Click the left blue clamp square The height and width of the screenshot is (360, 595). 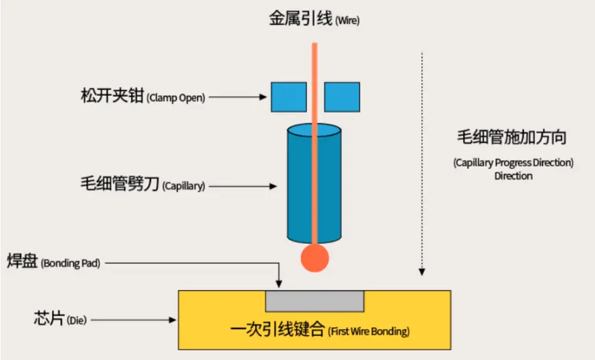pos(289,97)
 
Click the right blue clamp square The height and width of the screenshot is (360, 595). pos(342,97)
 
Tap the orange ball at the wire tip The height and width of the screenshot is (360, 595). pos(315,258)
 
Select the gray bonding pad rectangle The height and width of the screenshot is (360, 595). pos(315,302)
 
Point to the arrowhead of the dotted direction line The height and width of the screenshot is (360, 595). pos(421,272)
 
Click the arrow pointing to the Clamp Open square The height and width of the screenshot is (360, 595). pos(238,97)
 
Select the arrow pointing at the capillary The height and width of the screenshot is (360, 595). pos(243,186)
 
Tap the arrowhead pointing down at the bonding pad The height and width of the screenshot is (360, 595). pos(279,283)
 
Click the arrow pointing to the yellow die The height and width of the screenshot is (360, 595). pos(133,320)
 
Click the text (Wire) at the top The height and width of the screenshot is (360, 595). pos(347,20)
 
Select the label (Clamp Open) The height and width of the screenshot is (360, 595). pos(176,98)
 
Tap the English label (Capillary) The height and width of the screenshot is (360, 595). pos(184,185)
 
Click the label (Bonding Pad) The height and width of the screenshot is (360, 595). pos(70,263)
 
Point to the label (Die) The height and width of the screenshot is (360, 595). pos(77,320)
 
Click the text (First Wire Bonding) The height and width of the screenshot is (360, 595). pos(369,331)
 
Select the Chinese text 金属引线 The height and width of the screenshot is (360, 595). pos(301,18)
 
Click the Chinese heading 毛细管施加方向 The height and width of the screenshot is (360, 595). pos(512,137)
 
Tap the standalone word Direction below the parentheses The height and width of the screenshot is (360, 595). pos(514,176)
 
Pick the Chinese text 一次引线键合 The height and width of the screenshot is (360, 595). pos(278,329)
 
